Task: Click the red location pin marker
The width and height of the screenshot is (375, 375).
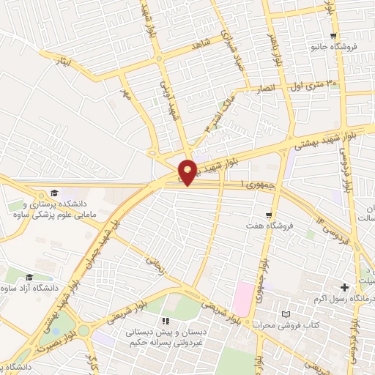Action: [187, 171]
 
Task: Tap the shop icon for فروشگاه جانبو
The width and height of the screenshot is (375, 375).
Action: [334, 37]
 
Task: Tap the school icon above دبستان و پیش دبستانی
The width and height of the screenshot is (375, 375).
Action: [166, 322]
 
